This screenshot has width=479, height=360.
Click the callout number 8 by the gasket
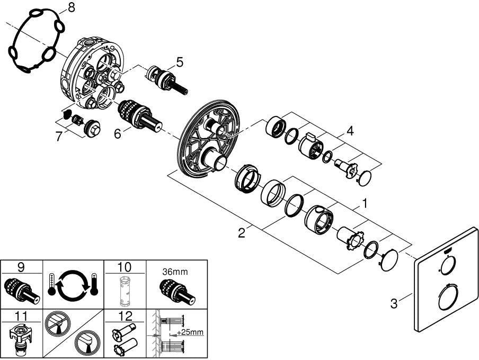(x=71, y=8)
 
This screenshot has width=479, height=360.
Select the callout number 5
(x=180, y=62)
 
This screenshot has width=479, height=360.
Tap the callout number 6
(x=118, y=133)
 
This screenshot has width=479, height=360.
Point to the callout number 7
(x=59, y=137)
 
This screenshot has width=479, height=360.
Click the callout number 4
(x=350, y=131)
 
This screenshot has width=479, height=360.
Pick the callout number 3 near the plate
(x=394, y=303)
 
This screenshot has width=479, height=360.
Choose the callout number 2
(x=242, y=233)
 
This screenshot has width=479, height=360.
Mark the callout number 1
(x=364, y=203)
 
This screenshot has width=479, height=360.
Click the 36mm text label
(x=175, y=272)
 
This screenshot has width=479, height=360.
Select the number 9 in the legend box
(x=21, y=267)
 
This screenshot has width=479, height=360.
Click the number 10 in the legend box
(x=125, y=267)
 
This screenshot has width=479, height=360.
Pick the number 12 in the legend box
(x=125, y=316)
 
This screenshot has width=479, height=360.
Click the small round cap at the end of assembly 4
(x=365, y=178)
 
